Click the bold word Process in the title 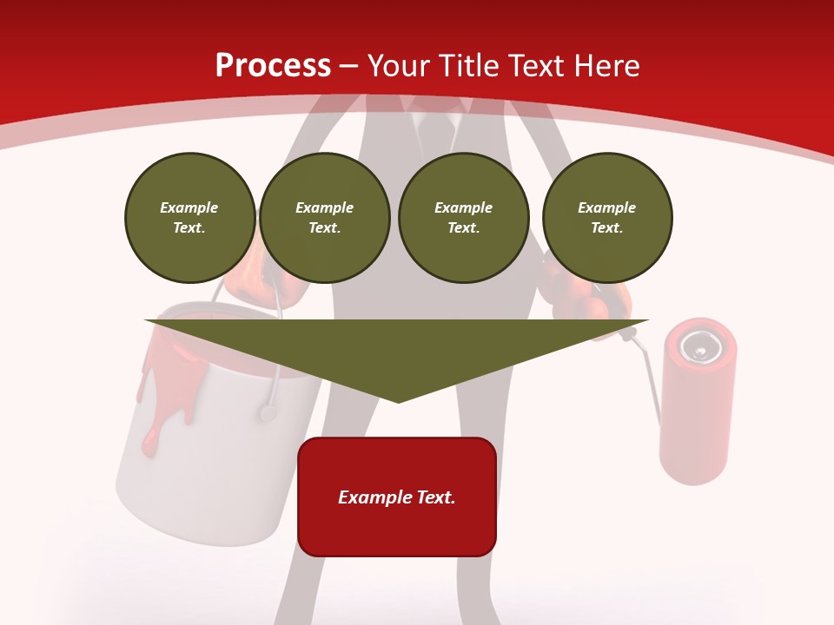click(273, 66)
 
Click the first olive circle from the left click(189, 218)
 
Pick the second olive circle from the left click(325, 218)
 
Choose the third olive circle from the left click(463, 218)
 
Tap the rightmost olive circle click(607, 218)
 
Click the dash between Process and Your click(348, 66)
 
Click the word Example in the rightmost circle click(607, 207)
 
